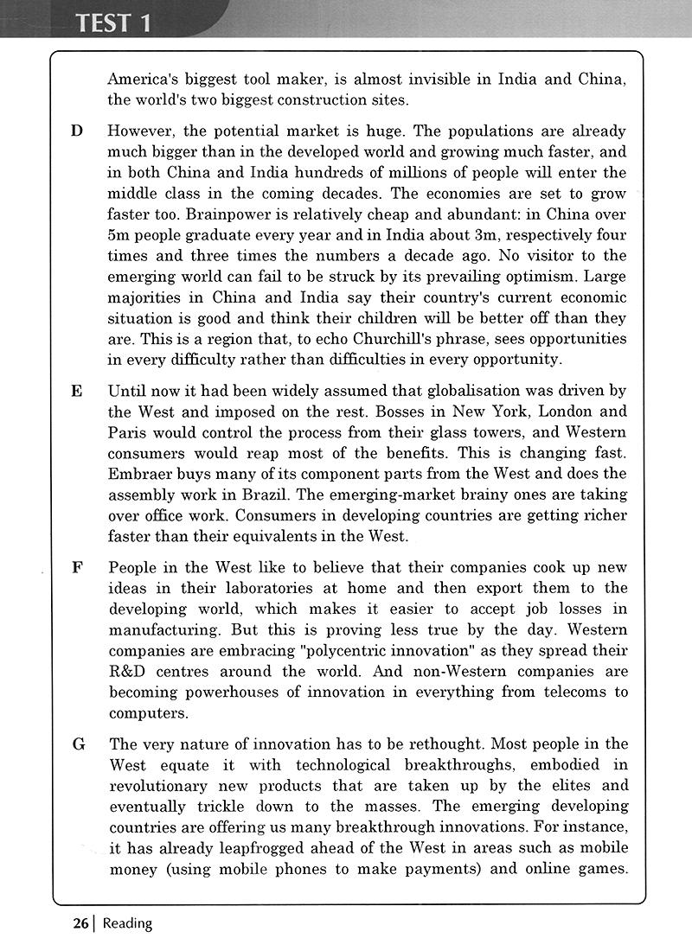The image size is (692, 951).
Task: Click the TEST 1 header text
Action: tap(113, 22)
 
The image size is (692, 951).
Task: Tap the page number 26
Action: tap(80, 923)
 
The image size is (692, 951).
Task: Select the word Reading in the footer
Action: tap(127, 923)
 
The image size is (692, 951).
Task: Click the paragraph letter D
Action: tap(77, 131)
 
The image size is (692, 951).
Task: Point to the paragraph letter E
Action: tap(77, 391)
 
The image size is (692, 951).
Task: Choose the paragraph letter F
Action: tap(77, 568)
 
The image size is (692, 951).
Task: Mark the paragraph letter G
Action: tap(78, 744)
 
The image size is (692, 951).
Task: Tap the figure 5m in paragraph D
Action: tap(119, 235)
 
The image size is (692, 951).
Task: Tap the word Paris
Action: tap(127, 432)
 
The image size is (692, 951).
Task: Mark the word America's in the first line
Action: tap(142, 80)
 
